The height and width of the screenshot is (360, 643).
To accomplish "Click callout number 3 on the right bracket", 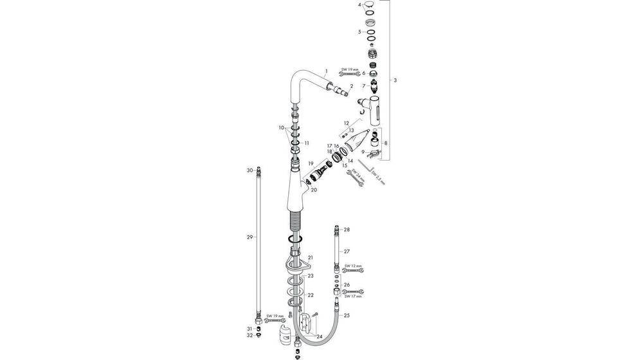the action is pyautogui.click(x=395, y=80).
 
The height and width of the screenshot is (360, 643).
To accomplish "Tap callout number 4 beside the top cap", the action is pyautogui.click(x=359, y=5).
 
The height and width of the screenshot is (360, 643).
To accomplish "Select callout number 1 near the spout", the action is pyautogui.click(x=326, y=71).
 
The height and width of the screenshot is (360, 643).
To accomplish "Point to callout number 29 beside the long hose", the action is pyautogui.click(x=250, y=237).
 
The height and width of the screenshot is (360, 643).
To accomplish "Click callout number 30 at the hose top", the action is pyautogui.click(x=250, y=170).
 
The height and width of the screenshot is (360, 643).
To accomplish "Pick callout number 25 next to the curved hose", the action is pyautogui.click(x=347, y=315).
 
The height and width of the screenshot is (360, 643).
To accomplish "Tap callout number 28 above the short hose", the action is pyautogui.click(x=347, y=230).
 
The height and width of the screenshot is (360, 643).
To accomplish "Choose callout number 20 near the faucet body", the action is pyautogui.click(x=314, y=190).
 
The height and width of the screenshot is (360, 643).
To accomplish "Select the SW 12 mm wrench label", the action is pyautogui.click(x=354, y=265).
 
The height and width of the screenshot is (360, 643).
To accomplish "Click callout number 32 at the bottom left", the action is pyautogui.click(x=250, y=336).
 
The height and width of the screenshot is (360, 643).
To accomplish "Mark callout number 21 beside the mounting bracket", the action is pyautogui.click(x=310, y=257).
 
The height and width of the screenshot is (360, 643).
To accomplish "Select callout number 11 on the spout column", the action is pyautogui.click(x=307, y=143).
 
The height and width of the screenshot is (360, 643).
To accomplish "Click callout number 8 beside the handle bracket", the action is pyautogui.click(x=385, y=143).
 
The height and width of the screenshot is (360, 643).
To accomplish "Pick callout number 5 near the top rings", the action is pyautogui.click(x=359, y=31).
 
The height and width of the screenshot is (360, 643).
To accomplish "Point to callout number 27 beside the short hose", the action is pyautogui.click(x=347, y=251).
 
